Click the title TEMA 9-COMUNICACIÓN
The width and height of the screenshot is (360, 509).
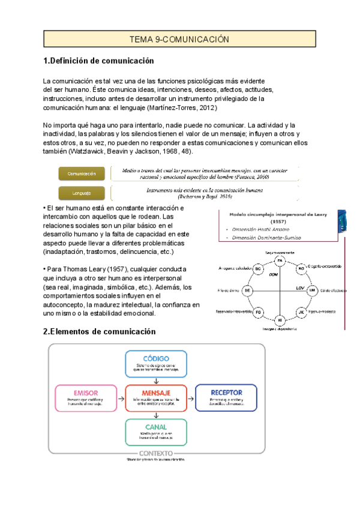coord(180,39)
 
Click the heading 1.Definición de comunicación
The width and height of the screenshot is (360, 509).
coord(99,61)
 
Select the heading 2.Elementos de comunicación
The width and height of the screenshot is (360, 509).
coord(100,332)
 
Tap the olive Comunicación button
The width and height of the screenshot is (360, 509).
coord(82,173)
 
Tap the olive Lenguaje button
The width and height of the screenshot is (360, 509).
coord(82,193)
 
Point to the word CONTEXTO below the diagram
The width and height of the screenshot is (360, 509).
coord(156,453)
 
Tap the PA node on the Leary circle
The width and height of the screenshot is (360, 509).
coord(280,261)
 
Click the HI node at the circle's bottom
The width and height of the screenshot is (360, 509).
coord(280,321)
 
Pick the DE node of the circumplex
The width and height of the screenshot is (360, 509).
coord(248,291)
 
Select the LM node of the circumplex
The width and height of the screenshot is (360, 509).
coord(312,291)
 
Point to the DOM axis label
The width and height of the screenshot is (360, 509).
coord(273,274)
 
